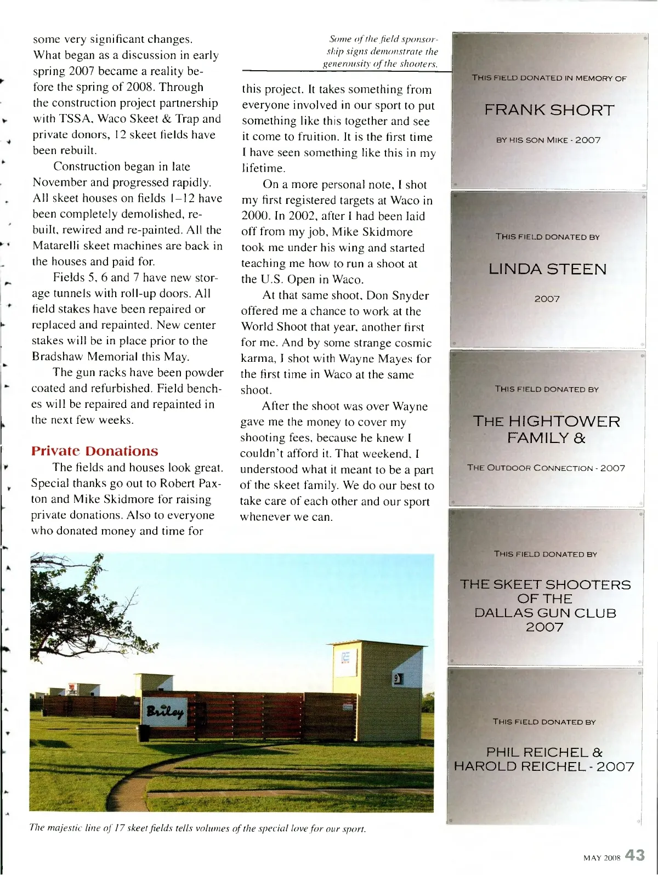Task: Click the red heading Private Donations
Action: click(94, 451)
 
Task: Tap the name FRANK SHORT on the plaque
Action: click(549, 110)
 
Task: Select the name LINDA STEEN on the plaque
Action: click(547, 269)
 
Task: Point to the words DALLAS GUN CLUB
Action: click(545, 613)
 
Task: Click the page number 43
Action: click(634, 855)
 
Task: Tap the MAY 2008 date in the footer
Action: click(602, 858)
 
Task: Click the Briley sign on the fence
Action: click(164, 712)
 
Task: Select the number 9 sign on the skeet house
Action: click(398, 679)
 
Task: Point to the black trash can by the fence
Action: click(145, 732)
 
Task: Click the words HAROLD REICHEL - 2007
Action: click(544, 766)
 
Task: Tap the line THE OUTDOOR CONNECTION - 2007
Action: click(546, 468)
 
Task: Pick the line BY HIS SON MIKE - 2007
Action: click(548, 140)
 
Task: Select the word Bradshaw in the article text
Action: click(56, 357)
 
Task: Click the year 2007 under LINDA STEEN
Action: click(547, 299)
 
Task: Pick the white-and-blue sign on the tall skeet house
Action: click(347, 661)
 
